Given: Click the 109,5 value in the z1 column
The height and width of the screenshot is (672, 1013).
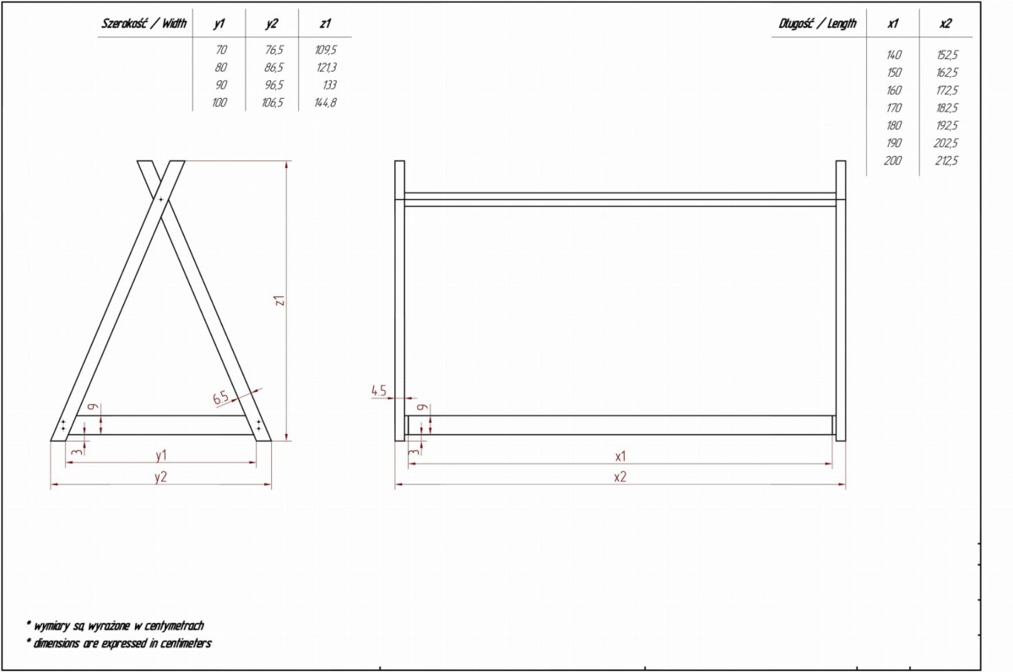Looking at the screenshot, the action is (326, 50).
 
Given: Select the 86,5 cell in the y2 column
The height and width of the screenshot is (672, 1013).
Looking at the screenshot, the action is (274, 68).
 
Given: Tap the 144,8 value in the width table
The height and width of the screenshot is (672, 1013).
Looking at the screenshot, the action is (326, 103).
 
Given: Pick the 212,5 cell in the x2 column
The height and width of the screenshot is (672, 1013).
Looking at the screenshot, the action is (945, 160).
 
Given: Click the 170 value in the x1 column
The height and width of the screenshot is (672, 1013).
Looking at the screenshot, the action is (894, 107).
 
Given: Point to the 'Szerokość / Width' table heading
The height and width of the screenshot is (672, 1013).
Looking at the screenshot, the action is (144, 24).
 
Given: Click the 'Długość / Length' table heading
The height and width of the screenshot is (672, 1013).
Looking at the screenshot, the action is (817, 24).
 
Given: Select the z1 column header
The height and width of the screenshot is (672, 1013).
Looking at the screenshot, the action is (325, 24).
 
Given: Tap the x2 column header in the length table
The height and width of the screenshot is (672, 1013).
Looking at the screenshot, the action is (945, 24).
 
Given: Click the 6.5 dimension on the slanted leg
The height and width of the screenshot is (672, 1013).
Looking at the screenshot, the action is (221, 398).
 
